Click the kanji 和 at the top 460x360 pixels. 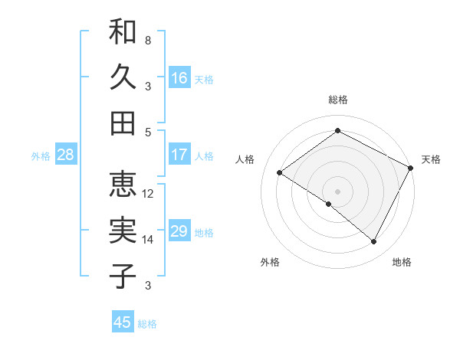pos(123,32)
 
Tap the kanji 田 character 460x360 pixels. pos(123,123)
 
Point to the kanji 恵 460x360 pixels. pos(123,184)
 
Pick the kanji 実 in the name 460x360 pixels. pos(123,230)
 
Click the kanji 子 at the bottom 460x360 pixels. pos(123,276)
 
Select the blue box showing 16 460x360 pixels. pos(179,78)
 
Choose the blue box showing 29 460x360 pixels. pos(179,232)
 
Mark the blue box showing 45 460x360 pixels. pos(123,322)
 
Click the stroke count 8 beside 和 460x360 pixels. pos(147,39)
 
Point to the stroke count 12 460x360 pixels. pos(148,193)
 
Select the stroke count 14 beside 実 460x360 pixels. pos(148,240)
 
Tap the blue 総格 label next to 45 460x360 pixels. pos(147,324)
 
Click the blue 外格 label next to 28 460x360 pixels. pos(41,156)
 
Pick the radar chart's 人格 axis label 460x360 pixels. pos(245,159)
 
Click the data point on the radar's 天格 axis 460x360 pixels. pos(410,169)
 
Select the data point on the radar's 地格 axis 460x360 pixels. pos(374,242)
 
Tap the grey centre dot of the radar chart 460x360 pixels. pos(337,191)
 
